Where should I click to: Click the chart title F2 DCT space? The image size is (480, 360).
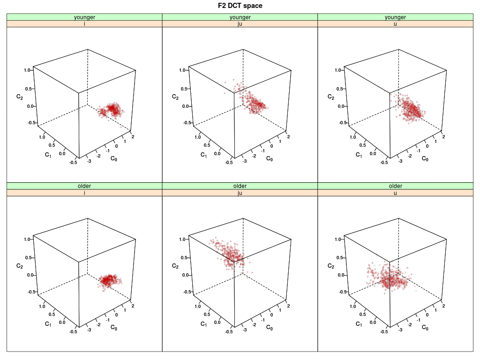[240, 6]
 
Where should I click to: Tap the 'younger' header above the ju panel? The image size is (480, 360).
[240, 17]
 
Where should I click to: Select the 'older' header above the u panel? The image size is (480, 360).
[395, 186]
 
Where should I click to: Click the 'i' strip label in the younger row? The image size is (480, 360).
[84, 24]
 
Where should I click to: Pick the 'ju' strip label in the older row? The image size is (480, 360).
[240, 193]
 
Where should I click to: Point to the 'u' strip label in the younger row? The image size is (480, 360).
[395, 24]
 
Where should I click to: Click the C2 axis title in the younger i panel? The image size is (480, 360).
[19, 97]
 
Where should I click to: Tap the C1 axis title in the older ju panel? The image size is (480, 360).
[203, 323]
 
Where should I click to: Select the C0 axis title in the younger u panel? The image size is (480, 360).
[425, 158]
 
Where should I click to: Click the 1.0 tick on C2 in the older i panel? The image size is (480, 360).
[27, 239]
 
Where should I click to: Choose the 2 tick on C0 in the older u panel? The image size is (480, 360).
[443, 306]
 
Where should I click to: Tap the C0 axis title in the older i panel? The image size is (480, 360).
[113, 327]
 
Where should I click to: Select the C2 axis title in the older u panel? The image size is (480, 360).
[330, 266]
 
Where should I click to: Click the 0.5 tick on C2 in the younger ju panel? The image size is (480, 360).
[183, 89]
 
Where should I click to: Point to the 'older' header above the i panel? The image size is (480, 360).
[84, 186]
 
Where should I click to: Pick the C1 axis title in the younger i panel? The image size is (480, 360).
[48, 155]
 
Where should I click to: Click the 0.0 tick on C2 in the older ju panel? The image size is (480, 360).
[183, 275]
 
